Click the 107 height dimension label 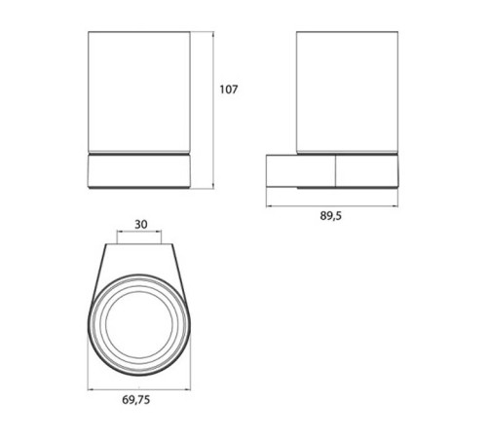(229, 90)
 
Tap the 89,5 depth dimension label (331, 216)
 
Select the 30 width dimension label (141, 224)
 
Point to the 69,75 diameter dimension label (136, 400)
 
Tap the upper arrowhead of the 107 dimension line (213, 34)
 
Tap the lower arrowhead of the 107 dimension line (213, 186)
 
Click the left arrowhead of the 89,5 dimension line (269, 205)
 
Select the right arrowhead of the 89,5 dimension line (395, 205)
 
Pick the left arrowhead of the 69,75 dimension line (91, 389)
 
